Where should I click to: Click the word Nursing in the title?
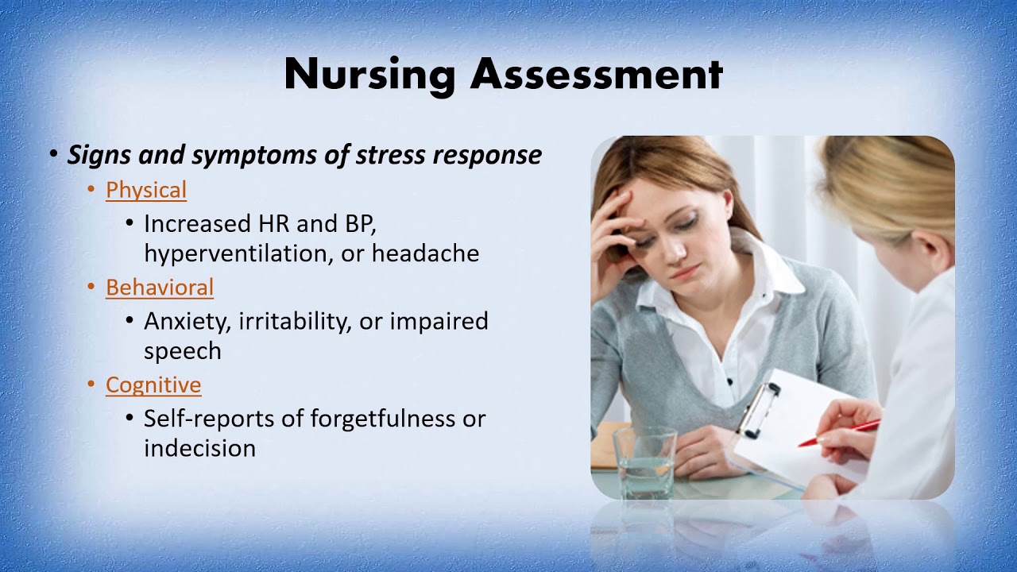(369, 75)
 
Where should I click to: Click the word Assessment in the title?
(596, 74)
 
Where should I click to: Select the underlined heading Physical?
(146, 190)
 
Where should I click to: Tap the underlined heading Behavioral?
(160, 288)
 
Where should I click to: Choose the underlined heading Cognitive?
(153, 385)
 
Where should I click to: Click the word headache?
(425, 253)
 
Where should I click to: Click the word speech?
(182, 351)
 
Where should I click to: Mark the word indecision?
(199, 448)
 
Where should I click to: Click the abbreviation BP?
(358, 224)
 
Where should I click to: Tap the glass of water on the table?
(644, 461)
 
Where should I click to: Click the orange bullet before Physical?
(91, 190)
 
